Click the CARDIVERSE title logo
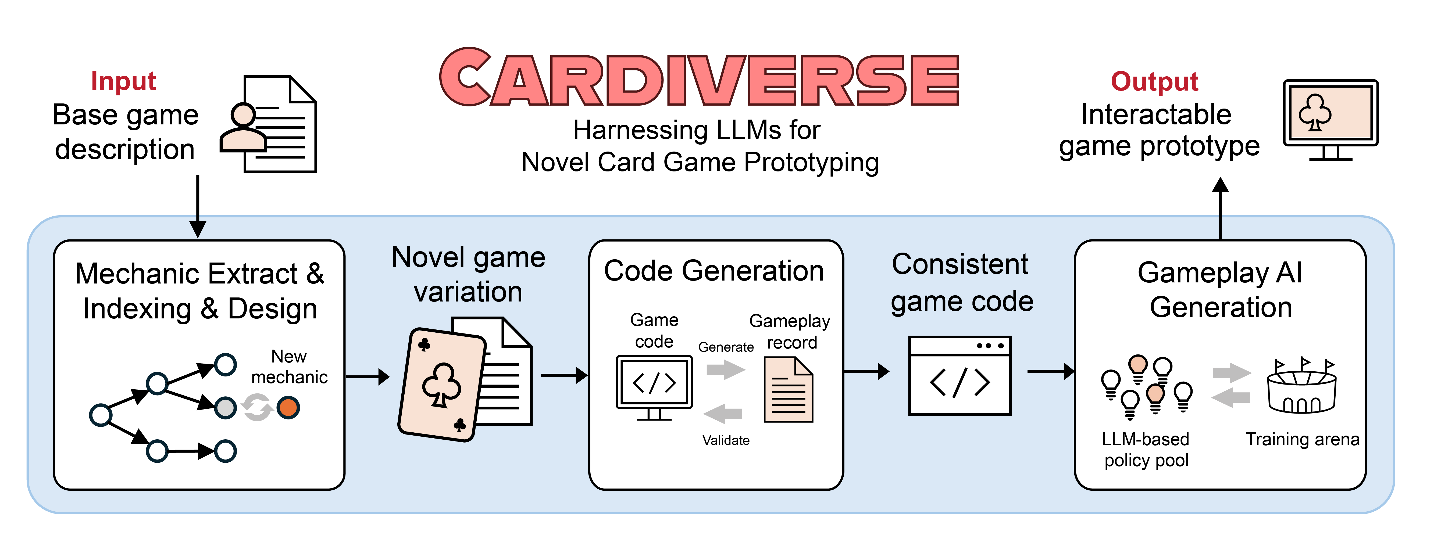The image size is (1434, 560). click(x=699, y=78)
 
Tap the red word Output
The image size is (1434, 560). click(x=1154, y=81)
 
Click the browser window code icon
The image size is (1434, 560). click(x=959, y=376)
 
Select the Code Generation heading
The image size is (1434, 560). click(x=714, y=271)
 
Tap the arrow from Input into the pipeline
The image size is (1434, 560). click(x=198, y=206)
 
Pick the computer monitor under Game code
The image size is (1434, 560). click(x=654, y=387)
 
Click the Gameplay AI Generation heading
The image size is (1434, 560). click(x=1220, y=290)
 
